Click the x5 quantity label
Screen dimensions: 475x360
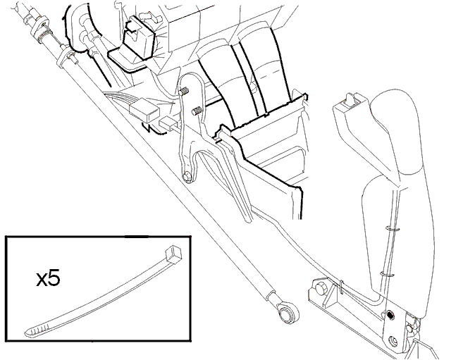(48, 279)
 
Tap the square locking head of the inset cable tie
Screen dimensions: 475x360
(173, 253)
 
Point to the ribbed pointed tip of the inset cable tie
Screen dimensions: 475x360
(36, 330)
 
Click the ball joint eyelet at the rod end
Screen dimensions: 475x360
(287, 313)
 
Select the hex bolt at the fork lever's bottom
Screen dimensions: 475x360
(188, 177)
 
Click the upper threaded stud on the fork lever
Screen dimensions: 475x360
(185, 91)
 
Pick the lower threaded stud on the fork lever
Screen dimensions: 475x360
(197, 111)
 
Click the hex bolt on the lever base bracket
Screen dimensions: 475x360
(320, 288)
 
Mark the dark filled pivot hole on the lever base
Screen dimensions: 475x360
(391, 316)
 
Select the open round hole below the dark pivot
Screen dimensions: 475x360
(393, 341)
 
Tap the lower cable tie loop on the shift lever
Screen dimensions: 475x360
(387, 275)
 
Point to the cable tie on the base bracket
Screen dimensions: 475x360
(341, 286)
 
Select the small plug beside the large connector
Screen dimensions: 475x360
(168, 123)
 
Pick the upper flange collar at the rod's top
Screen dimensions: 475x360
(39, 28)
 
